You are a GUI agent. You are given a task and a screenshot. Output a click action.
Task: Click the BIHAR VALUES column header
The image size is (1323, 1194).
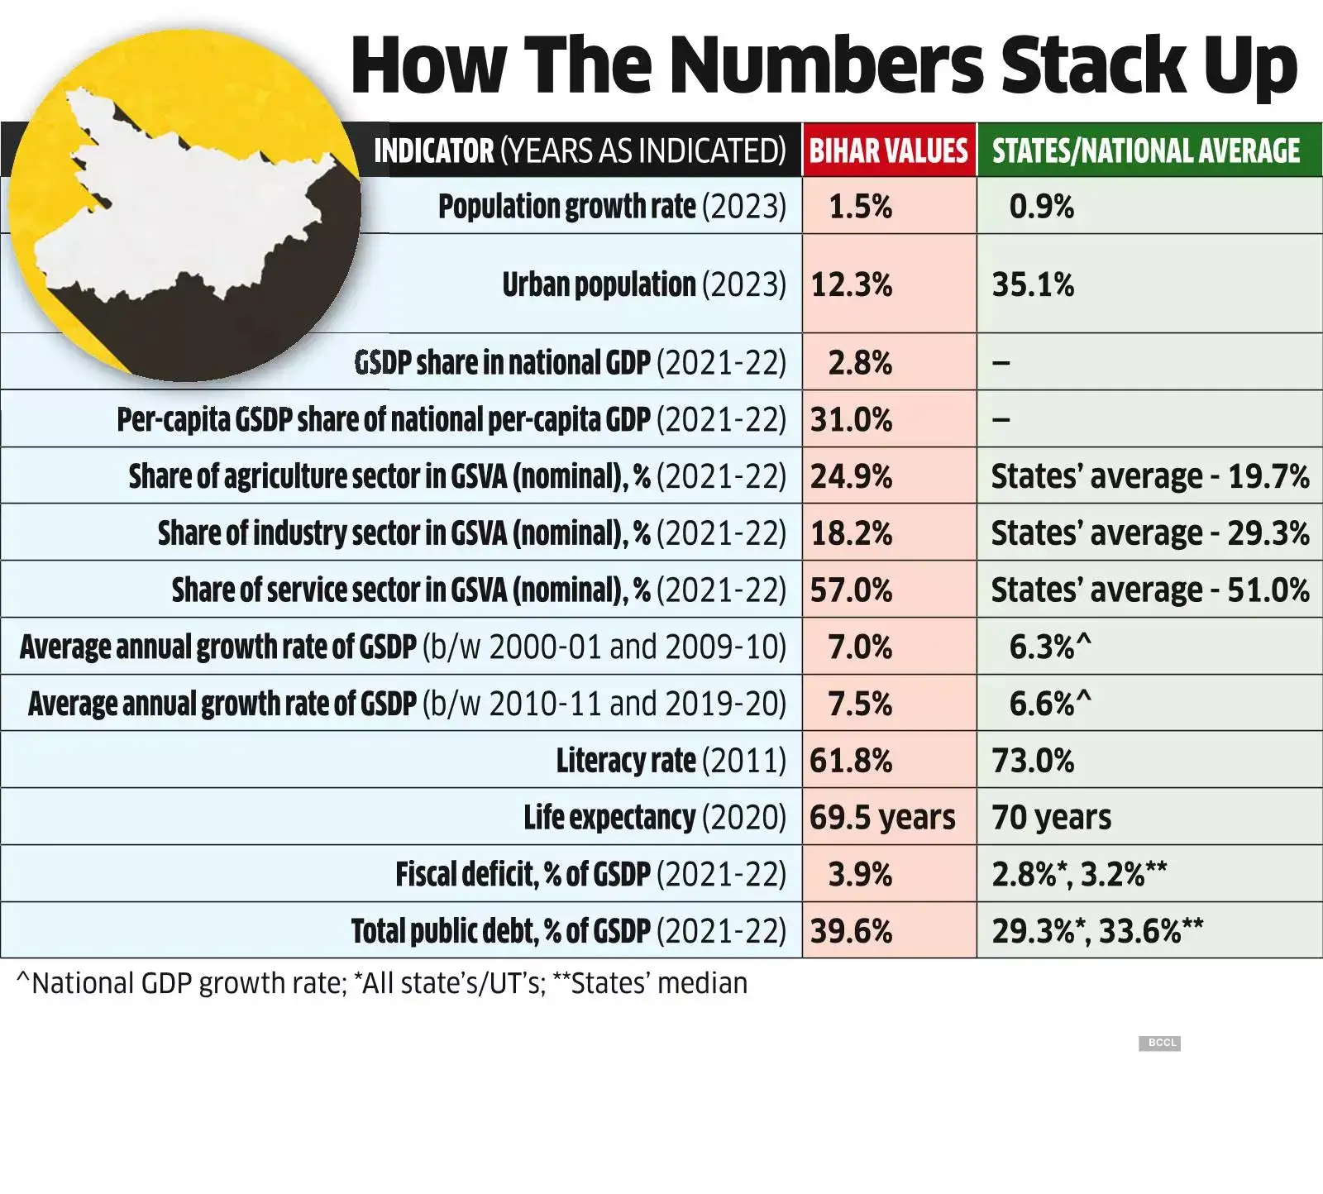[x=888, y=150]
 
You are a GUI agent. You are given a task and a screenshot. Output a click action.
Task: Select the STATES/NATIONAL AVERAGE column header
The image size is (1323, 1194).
[x=1146, y=150]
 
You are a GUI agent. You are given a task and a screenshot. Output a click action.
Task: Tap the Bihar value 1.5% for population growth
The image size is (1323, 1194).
[x=860, y=206]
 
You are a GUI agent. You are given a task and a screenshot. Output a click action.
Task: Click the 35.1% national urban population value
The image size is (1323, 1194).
[x=1033, y=284]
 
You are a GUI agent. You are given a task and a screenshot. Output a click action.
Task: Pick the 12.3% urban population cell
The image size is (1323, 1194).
[x=851, y=284]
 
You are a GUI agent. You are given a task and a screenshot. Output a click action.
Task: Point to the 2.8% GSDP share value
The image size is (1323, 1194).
[x=860, y=362]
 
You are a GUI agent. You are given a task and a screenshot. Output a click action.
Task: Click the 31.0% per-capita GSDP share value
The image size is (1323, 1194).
[x=851, y=419]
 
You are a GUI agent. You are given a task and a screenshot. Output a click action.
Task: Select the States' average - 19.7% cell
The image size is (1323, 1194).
[x=1149, y=476]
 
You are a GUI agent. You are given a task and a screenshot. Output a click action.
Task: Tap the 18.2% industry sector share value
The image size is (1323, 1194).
[x=851, y=533]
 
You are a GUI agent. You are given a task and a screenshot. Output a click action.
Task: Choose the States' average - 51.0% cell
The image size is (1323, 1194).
[x=1149, y=590]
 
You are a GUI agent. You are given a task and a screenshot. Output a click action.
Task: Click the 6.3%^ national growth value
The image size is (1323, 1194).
[x=1049, y=647]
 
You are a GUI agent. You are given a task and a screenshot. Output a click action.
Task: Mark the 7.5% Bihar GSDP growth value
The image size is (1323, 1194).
[x=860, y=704]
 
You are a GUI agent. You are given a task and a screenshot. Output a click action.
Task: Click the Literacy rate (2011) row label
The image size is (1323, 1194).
[x=671, y=760]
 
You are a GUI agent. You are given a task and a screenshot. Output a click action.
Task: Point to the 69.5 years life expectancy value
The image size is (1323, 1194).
[x=881, y=817]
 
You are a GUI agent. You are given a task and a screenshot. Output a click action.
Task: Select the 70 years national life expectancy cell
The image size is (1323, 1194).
[x=1051, y=817]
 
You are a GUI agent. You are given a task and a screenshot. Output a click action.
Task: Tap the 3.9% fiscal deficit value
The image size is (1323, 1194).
[x=860, y=874]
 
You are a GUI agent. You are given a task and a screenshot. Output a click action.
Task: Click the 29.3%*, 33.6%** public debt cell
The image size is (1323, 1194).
[x=1096, y=931]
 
